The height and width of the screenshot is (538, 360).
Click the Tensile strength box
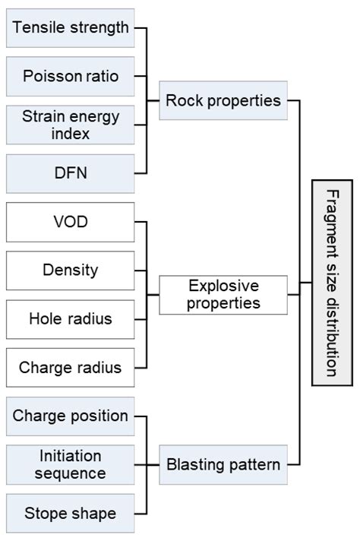70,28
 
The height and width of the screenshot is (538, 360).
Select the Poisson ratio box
70,76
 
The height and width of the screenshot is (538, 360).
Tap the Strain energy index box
70,125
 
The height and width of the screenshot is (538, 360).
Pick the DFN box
70,173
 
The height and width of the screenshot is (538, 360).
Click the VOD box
70,222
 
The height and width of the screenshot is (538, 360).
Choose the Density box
70,270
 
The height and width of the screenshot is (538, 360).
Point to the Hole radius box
70,318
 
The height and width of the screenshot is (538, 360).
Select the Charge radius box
70,368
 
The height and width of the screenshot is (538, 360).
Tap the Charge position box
70,416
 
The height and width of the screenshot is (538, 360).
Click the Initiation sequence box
70,464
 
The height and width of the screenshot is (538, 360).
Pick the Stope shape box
70,513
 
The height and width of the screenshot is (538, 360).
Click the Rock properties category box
223,100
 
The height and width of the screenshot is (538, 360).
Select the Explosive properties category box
223,295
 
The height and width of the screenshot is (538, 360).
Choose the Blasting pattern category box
223,464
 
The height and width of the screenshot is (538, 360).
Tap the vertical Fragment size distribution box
332,283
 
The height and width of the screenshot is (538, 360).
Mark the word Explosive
223,286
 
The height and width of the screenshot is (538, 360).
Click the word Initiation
71,456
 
